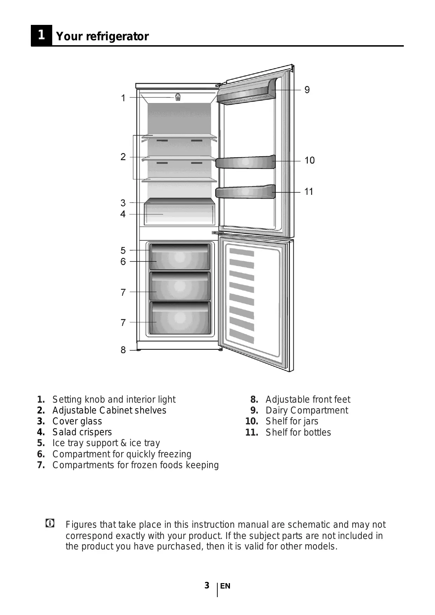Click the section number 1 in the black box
[x=41, y=35]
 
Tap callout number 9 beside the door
[x=307, y=90]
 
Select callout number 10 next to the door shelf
[x=310, y=160]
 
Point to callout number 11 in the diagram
[x=308, y=192]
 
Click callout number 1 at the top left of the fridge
[x=123, y=98]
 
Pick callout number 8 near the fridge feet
[x=123, y=350]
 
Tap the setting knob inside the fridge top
[x=178, y=97]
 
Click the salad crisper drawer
[x=179, y=214]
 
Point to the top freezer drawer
[x=180, y=257]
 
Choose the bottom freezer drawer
[x=180, y=318]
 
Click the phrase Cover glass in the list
[x=77, y=421]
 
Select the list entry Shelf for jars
[x=292, y=421]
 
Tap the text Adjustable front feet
[x=308, y=399]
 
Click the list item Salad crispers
[x=82, y=432]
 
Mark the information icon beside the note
[x=50, y=524]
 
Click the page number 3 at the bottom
[x=207, y=586]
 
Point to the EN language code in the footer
[x=225, y=586]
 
